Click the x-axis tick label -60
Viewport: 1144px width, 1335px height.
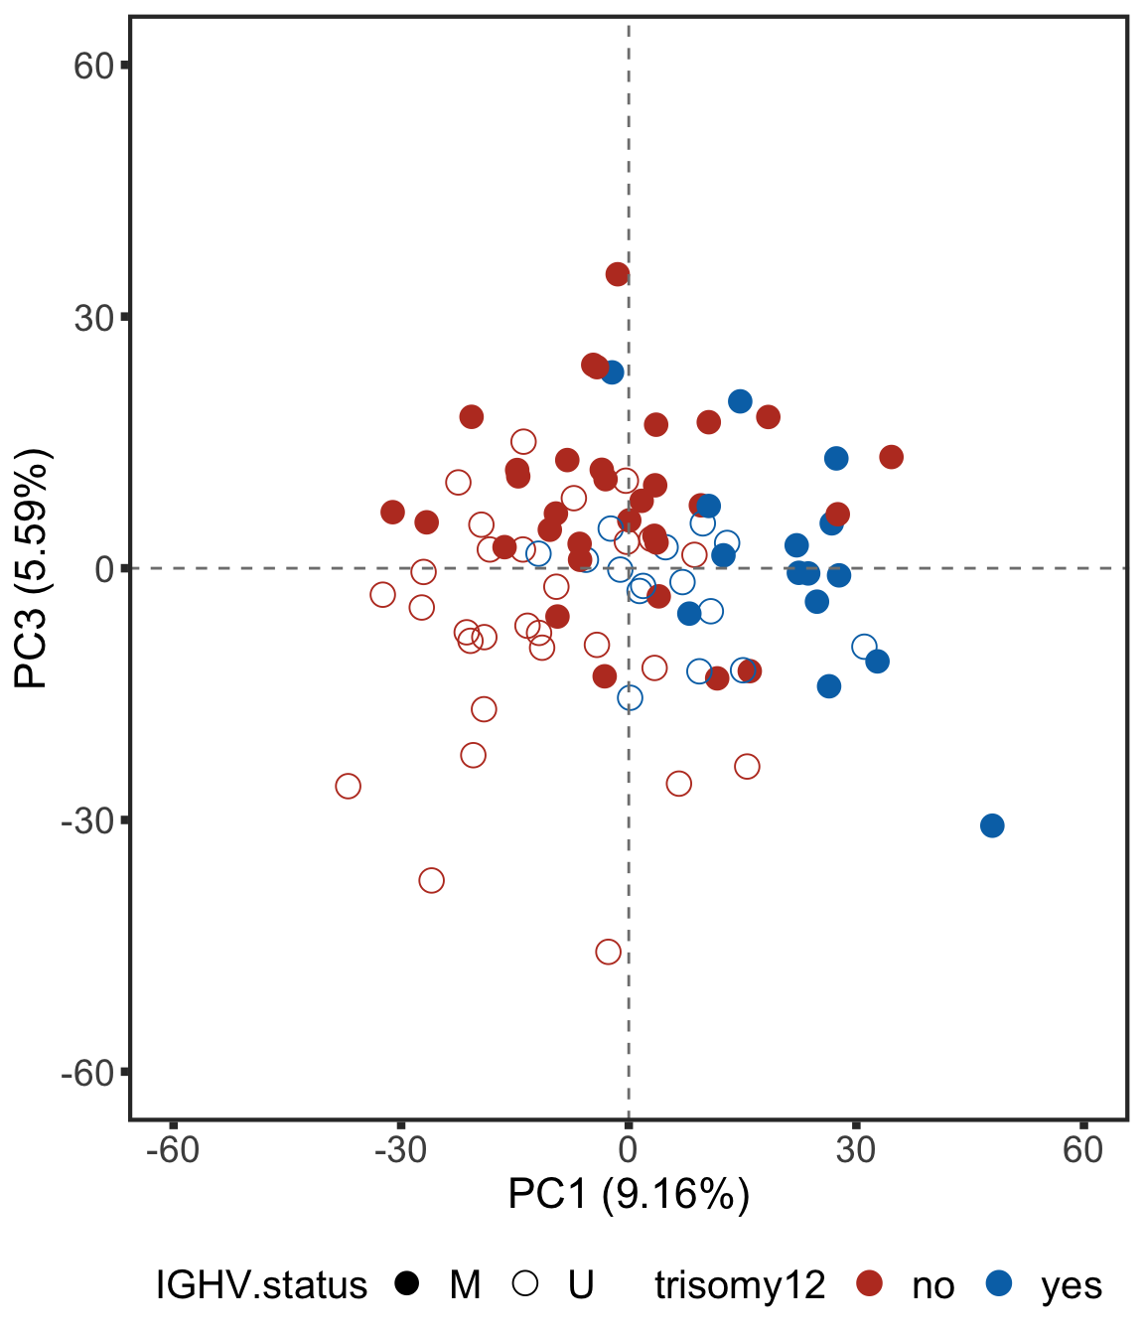point(173,1150)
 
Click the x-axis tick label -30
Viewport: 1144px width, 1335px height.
point(400,1150)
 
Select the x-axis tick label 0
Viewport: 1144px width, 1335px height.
point(628,1150)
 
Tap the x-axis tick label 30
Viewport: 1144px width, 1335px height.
point(855,1150)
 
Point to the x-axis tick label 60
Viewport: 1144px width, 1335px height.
point(1082,1150)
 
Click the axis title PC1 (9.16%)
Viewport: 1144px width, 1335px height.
point(629,1193)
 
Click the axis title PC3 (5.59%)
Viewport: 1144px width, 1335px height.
point(33,568)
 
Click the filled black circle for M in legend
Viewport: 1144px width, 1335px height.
point(406,1283)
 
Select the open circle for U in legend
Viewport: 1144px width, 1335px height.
point(525,1283)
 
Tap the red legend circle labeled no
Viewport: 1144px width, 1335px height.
point(870,1283)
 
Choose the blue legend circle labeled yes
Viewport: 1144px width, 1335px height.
point(999,1283)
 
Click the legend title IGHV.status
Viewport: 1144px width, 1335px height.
point(261,1285)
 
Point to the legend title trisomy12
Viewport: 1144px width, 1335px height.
point(740,1285)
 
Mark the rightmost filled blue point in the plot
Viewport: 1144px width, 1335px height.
point(992,825)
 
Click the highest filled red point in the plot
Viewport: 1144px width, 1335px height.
point(618,274)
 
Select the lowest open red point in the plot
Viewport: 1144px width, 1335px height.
point(609,952)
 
